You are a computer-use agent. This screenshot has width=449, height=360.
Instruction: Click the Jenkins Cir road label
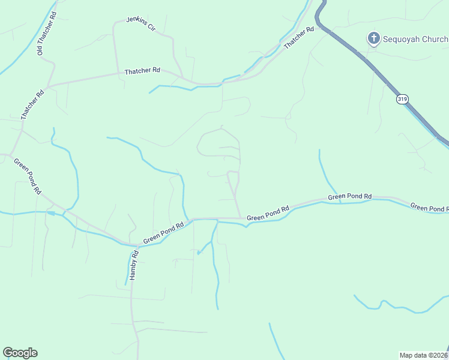(140, 23)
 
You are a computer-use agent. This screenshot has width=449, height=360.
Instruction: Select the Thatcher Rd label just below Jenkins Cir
(142, 71)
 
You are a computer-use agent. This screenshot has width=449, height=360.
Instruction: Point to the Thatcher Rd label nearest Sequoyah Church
(299, 38)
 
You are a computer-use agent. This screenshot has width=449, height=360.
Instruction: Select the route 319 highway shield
(402, 99)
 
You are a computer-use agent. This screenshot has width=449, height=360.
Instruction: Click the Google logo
(20, 353)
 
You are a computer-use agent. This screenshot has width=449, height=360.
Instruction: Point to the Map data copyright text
(424, 355)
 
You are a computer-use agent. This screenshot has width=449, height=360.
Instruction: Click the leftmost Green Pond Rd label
(28, 176)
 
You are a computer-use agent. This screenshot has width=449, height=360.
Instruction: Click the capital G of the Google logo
(8, 353)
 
